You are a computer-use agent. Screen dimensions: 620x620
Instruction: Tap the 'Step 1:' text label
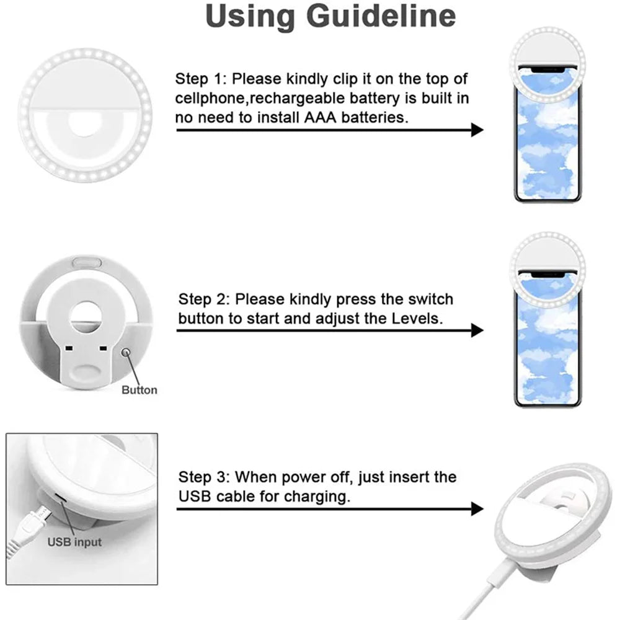[x=200, y=79]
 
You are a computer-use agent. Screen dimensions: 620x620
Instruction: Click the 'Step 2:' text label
[x=203, y=299]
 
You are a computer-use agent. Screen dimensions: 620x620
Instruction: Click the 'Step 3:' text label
[x=203, y=477]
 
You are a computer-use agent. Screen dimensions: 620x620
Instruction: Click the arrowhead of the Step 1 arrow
[x=477, y=130]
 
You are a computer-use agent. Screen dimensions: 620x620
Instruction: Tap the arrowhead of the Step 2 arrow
[x=477, y=330]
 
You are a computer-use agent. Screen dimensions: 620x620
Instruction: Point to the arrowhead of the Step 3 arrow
[x=477, y=509]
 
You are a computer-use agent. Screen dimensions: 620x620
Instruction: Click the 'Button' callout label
[x=139, y=390]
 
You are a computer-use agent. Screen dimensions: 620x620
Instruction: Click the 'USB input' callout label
[x=74, y=542]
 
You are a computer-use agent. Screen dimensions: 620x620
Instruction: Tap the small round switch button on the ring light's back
[x=126, y=353]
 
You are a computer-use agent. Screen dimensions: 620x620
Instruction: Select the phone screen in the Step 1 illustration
[x=547, y=143]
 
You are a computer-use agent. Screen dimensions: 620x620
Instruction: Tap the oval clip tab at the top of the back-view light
[x=87, y=260]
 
